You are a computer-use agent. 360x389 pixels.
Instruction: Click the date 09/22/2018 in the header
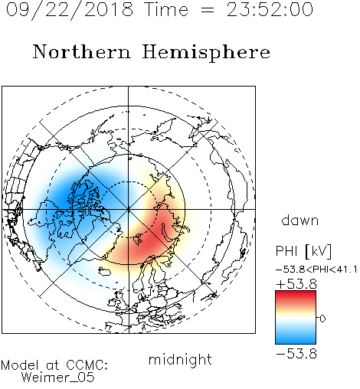point(70,9)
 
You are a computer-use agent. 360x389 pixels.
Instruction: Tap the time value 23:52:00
point(270,9)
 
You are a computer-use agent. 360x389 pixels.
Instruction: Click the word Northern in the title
point(82,52)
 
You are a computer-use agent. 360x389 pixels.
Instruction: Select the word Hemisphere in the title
point(206,53)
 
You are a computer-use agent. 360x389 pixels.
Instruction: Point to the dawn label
point(300,220)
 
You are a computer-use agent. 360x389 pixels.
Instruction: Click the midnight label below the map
point(180,360)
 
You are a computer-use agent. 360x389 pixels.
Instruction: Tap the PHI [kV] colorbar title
point(303,251)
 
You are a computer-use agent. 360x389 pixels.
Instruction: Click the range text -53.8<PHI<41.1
point(316,270)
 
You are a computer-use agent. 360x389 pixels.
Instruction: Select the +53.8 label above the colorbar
point(296,284)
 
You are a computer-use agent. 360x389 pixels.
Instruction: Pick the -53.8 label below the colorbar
point(296,354)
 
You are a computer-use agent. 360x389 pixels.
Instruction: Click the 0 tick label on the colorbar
point(322,319)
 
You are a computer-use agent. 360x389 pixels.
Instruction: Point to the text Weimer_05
point(58,378)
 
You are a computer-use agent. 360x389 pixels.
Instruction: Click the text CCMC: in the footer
point(87,365)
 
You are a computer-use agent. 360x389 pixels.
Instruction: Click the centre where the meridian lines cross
point(129,209)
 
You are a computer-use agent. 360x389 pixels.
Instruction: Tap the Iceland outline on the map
point(105,271)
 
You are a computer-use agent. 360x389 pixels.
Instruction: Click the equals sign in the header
point(207,10)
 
